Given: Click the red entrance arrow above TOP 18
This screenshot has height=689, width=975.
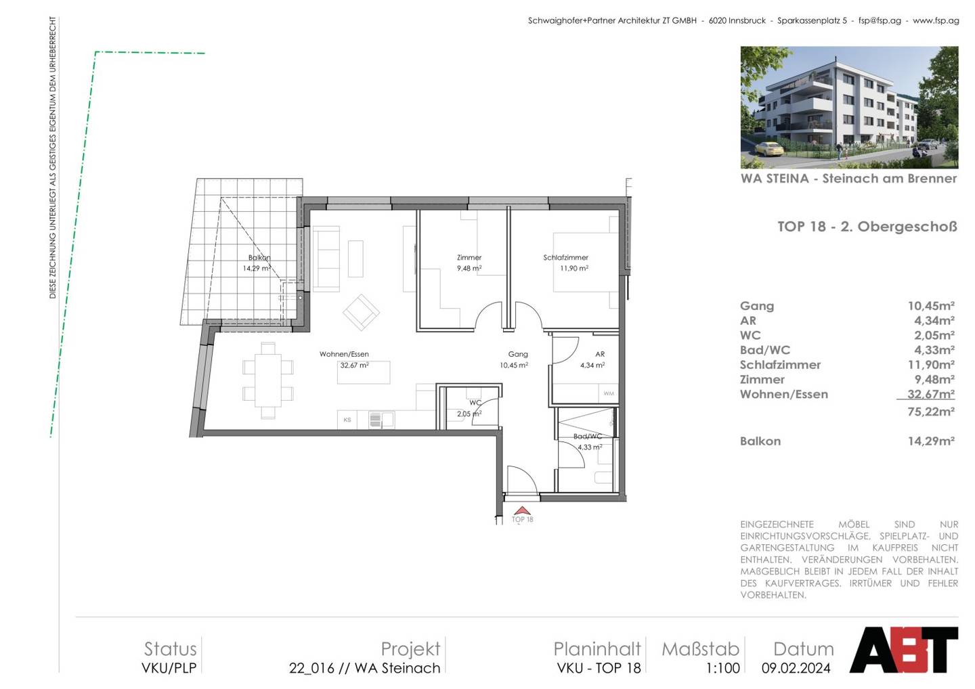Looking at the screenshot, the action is pos(522,511).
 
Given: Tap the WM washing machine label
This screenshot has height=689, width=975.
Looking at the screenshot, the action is pos(609,394).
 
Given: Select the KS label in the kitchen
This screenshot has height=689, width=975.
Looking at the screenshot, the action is pos(347,420).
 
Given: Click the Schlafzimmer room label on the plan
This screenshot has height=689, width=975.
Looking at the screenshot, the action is pos(565,257).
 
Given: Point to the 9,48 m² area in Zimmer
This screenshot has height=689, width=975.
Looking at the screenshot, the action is pos(469,269).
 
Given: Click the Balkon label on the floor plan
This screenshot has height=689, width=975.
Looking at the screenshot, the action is pos(259,257).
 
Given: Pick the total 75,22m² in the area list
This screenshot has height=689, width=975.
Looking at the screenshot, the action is pos(931,412).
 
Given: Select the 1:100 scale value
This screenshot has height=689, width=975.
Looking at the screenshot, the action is pos(722,668).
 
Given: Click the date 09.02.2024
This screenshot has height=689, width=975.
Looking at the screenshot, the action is pos(796,668).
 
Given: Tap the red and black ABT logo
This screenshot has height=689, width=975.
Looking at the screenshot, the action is pos(904,650).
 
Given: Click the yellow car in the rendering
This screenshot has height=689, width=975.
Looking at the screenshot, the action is pos(769,149).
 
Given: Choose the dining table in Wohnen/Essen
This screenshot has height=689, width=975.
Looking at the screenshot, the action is pos(268,381).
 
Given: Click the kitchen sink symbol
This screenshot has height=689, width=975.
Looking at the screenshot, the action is pos(381,420).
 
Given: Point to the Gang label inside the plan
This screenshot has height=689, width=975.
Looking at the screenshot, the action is pos(518,355).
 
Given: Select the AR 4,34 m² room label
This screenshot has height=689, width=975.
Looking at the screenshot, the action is pos(593,359).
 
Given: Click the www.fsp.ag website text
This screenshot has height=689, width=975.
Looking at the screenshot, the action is pos(936,20).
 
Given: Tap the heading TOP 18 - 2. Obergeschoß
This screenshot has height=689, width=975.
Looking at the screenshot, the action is pos(867,227).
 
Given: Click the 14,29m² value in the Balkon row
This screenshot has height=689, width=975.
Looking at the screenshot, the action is pos(931,441).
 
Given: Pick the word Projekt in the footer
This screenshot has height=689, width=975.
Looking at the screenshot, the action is pos(410,650).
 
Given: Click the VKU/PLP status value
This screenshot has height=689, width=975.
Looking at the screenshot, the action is pos(169,668).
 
